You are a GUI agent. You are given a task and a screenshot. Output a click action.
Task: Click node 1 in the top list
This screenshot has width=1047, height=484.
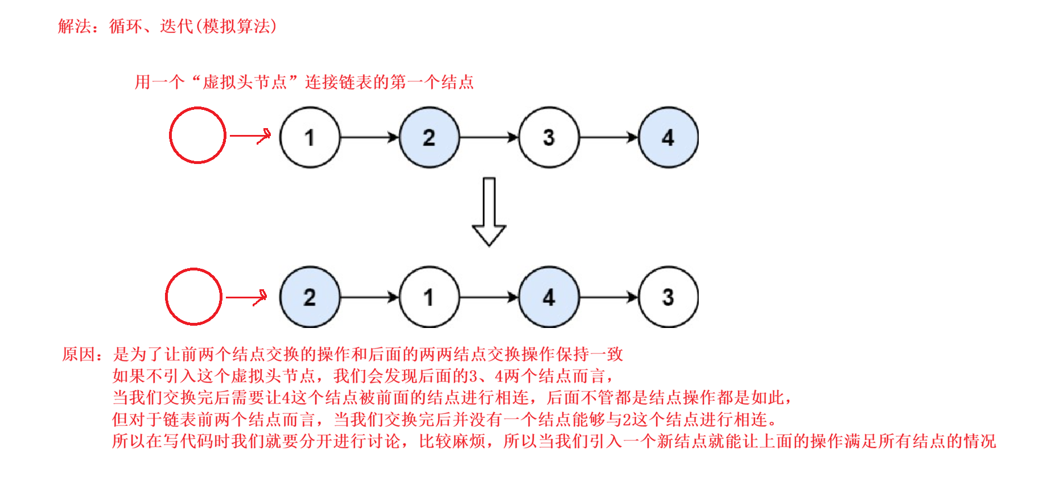310,137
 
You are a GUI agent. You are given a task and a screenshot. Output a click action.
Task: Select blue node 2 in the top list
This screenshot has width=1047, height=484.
430,137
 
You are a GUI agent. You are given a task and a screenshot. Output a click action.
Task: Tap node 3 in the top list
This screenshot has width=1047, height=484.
549,137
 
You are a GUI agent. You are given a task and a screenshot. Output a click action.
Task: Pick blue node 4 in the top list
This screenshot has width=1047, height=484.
669,137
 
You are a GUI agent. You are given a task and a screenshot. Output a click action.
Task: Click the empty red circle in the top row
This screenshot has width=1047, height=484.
197,136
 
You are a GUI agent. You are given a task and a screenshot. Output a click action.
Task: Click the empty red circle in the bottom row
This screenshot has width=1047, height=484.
193,297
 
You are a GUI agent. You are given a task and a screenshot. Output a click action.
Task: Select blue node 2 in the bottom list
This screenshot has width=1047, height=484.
310,297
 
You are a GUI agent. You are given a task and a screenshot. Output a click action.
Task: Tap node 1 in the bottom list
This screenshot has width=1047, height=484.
430,297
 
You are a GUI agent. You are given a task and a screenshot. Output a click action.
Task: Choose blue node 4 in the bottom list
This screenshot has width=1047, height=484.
549,297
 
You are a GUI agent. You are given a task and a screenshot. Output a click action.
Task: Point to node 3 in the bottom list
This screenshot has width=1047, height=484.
669,297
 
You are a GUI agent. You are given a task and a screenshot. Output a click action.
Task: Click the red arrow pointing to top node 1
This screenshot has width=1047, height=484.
250,136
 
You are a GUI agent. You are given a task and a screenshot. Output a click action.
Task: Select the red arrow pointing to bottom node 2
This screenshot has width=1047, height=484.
246,297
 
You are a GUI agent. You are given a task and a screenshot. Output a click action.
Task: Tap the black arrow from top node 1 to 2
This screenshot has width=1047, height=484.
370,137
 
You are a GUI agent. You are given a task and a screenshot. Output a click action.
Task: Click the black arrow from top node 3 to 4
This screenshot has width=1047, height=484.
609,137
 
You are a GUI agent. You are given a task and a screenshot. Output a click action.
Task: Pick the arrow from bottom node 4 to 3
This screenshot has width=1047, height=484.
609,297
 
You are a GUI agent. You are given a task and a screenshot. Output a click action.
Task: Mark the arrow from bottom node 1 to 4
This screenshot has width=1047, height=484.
489,297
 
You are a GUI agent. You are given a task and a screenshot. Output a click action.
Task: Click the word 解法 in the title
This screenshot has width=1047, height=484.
75,26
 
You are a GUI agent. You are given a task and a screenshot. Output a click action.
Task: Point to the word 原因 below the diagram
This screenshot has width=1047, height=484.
79,354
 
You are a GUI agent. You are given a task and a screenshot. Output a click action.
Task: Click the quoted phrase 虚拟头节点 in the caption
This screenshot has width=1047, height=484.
245,82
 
